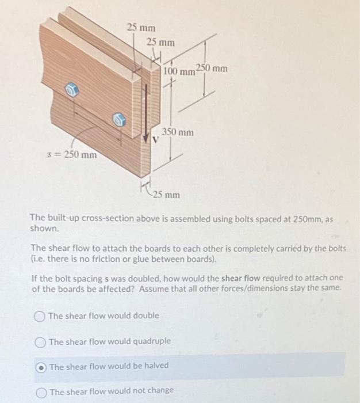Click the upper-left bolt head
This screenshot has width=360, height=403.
71,90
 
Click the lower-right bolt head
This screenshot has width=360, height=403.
120,120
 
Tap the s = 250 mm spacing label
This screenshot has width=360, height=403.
72,155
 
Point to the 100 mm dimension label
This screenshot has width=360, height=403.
179,71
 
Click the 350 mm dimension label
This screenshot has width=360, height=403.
178,132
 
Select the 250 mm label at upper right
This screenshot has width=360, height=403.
212,69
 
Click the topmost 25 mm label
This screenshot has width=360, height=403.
141,27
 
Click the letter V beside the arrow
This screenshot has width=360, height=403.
155,139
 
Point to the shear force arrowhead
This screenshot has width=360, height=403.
146,138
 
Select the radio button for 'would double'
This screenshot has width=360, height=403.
39,317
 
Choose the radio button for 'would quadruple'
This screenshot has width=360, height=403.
40,343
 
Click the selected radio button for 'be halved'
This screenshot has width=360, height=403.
41,368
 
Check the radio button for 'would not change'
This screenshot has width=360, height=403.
41,393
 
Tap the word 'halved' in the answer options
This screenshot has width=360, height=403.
156,366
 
